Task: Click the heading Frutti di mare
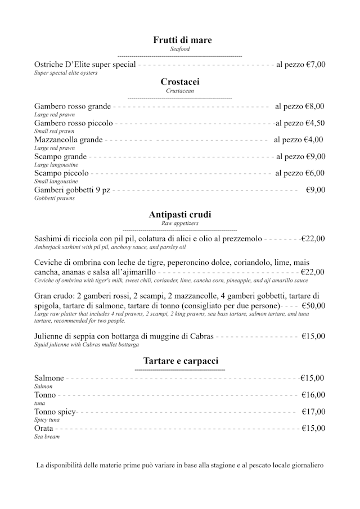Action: coord(182,40)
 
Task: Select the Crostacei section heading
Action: coord(180,82)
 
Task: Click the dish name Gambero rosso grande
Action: coord(73,106)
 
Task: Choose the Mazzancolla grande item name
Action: coord(68,139)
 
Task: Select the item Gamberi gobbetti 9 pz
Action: coord(72,190)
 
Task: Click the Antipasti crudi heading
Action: coord(180,215)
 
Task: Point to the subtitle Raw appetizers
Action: coord(180,223)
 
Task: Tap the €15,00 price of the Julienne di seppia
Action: coord(313,336)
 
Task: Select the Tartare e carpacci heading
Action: coord(181,361)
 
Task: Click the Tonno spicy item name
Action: coord(55,412)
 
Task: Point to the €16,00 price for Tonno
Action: coord(313,395)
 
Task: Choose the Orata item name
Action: coord(44,428)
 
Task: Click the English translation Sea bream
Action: coord(47,436)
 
